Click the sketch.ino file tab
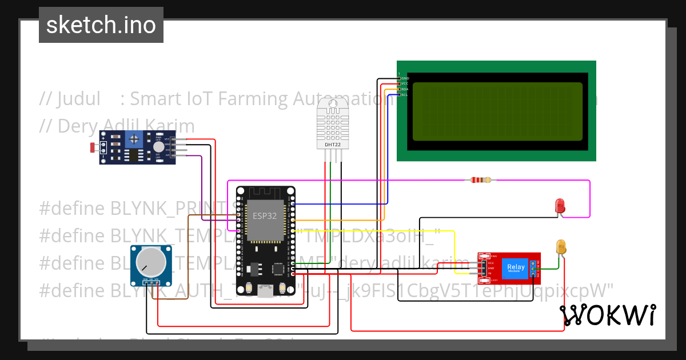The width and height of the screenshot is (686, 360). click(x=101, y=25)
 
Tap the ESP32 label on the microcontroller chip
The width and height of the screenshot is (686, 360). click(x=265, y=217)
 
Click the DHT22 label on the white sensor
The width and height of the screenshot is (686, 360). click(x=333, y=145)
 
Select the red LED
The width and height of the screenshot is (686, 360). click(x=560, y=205)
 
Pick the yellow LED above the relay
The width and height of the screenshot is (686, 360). click(x=561, y=247)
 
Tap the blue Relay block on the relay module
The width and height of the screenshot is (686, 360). click(x=516, y=267)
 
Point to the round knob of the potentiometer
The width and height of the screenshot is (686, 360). click(x=147, y=262)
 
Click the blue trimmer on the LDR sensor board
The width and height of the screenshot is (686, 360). click(x=134, y=138)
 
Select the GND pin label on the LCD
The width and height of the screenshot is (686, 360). click(x=405, y=78)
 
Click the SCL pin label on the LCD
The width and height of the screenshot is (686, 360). click(x=404, y=95)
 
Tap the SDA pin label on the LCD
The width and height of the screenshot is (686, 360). click(x=404, y=89)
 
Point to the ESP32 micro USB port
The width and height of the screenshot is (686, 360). click(x=265, y=293)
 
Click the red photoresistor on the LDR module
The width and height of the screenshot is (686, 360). click(x=93, y=148)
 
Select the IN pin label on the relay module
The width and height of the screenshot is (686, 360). click(x=490, y=274)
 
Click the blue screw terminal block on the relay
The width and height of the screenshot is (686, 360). click(x=533, y=268)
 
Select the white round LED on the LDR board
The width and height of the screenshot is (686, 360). click(x=158, y=147)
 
